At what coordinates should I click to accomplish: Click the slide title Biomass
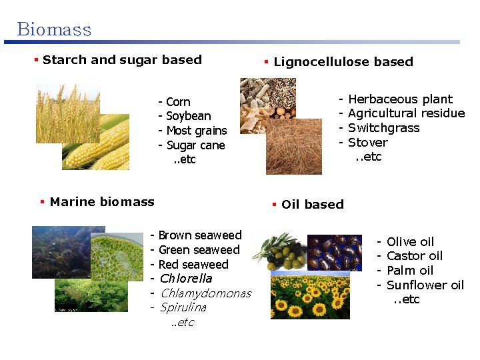pyautogui.click(x=54, y=29)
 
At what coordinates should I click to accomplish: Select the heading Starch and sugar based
pyautogui.click(x=122, y=60)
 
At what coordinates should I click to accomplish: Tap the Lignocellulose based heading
pyautogui.click(x=343, y=62)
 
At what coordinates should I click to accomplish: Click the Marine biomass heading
pyautogui.click(x=102, y=202)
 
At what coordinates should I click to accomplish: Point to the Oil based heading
pyautogui.click(x=312, y=205)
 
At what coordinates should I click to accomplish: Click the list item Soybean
pyautogui.click(x=188, y=117)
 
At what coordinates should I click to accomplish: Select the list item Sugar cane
pyautogui.click(x=195, y=145)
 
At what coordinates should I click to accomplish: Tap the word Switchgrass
pyautogui.click(x=383, y=128)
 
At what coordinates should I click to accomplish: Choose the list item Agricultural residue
pyautogui.click(x=406, y=113)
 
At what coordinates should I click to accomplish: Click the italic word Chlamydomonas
pyautogui.click(x=205, y=293)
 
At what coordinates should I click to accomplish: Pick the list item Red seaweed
pyautogui.click(x=193, y=265)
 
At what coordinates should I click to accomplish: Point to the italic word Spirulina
pyautogui.click(x=183, y=308)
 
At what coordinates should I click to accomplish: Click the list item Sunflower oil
pyautogui.click(x=425, y=285)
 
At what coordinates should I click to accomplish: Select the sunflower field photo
pyautogui.click(x=310, y=297)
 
